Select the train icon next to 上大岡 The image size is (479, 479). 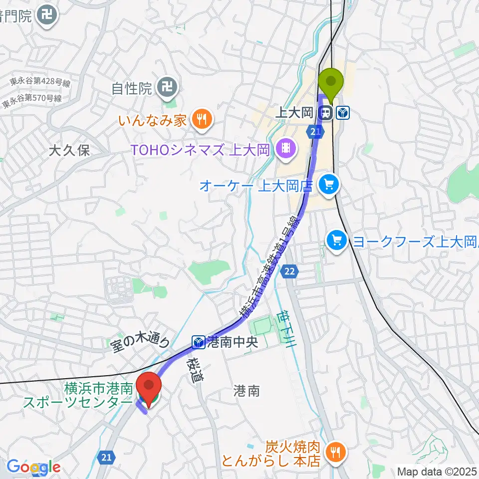coord(327,113)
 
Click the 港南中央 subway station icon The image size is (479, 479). coord(198,342)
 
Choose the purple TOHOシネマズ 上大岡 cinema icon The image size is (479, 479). coord(286,148)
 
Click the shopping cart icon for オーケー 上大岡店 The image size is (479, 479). coord(329,186)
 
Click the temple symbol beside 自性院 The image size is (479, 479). coord(167,89)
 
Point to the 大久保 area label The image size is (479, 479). coord(69,151)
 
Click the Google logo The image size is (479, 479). coord(33,467)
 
